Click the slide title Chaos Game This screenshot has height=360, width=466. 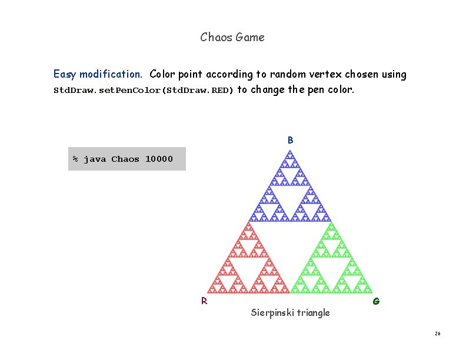point(232,37)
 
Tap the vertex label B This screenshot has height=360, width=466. point(291,141)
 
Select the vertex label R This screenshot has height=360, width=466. point(204,301)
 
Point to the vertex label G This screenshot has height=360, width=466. point(376,301)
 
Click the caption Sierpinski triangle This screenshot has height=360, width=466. point(290,312)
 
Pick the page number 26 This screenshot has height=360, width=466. point(437,334)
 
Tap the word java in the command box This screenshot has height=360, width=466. point(95,159)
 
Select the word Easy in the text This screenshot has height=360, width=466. point(65,75)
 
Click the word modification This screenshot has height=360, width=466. point(111,75)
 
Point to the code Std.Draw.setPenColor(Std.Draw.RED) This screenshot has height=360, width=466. point(144,91)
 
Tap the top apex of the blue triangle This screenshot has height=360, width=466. point(289,151)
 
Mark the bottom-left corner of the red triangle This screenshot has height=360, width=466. point(207,292)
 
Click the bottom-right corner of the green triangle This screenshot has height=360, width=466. point(372,292)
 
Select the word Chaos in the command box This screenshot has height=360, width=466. point(125,159)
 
